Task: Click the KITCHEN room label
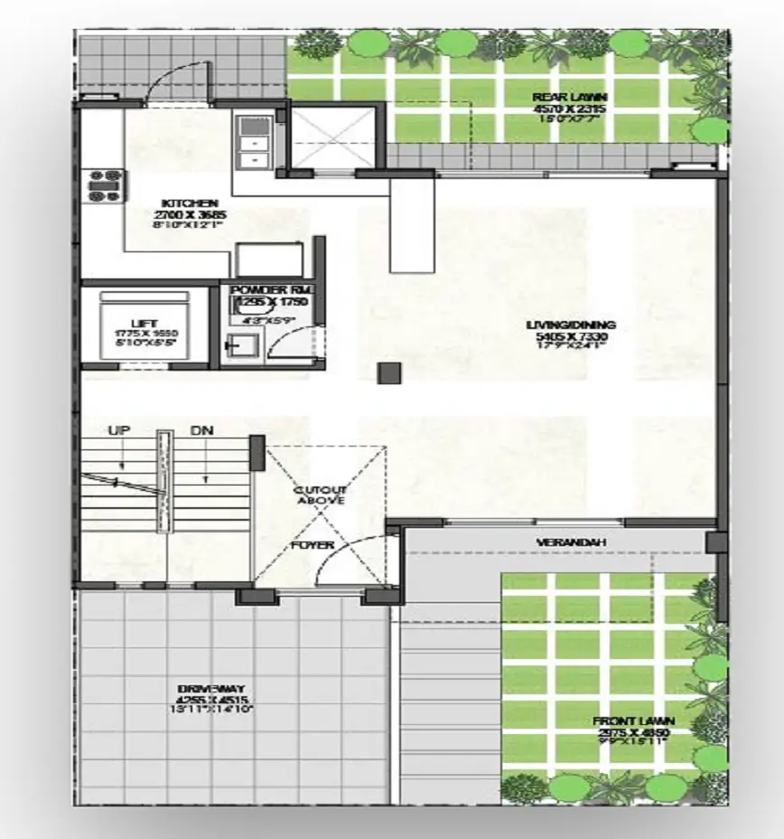tap(189, 203)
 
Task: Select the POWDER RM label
tap(269, 288)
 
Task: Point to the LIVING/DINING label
tap(571, 325)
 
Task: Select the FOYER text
tap(313, 545)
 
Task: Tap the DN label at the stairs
tap(201, 431)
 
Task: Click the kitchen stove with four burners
tap(103, 184)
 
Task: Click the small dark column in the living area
tap(389, 372)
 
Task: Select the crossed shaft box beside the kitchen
tap(333, 137)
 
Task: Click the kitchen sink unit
tap(248, 140)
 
